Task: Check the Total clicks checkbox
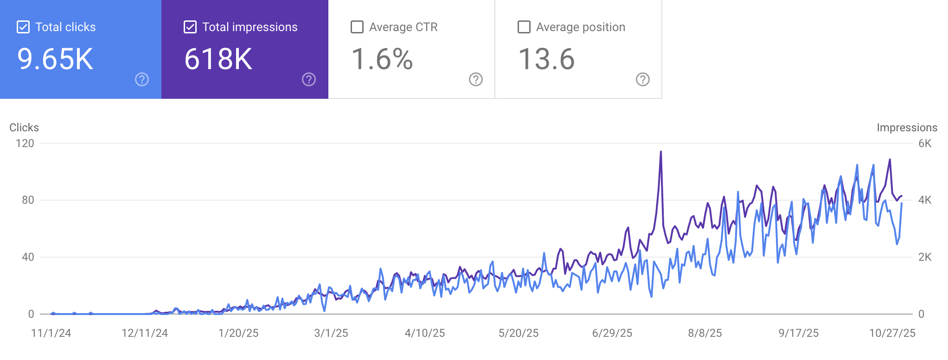click(23, 27)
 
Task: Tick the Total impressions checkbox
click(190, 27)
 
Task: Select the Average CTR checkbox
click(357, 27)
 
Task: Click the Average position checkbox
click(524, 27)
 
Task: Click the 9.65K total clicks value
click(55, 59)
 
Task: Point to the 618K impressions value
click(218, 59)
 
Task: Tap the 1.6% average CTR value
click(382, 59)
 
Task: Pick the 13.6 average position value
click(546, 59)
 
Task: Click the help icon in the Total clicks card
click(142, 80)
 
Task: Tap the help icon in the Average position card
click(643, 80)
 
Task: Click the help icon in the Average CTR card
click(476, 80)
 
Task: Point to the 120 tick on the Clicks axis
click(25, 143)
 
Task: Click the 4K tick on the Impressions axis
click(925, 200)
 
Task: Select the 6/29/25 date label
click(612, 333)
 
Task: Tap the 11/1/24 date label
click(51, 333)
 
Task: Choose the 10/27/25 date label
click(892, 333)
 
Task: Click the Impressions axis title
click(907, 128)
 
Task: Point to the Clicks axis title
click(24, 128)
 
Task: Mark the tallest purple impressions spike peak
click(661, 152)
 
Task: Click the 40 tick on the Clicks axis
click(28, 257)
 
